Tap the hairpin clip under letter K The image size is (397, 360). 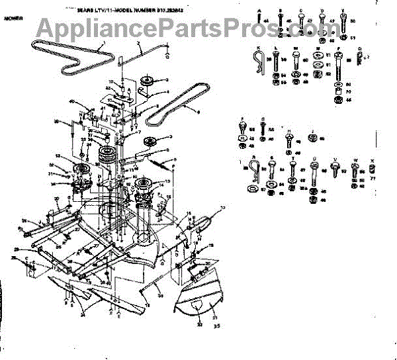pos(259,65)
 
